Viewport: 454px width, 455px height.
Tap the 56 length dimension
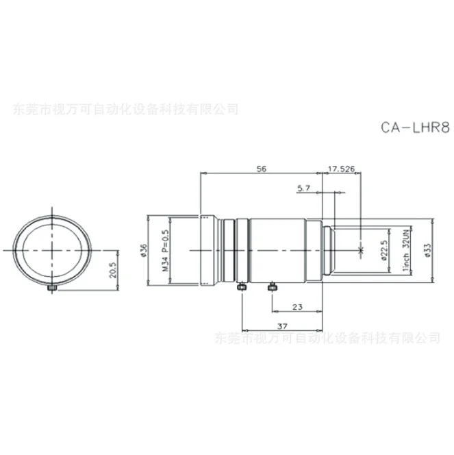tap(260, 167)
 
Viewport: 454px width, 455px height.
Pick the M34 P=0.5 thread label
tap(165, 250)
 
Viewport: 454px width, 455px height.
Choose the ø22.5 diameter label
tap(384, 250)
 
